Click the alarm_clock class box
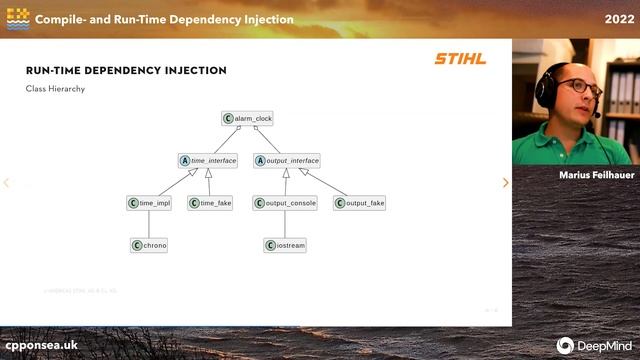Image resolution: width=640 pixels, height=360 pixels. tap(247, 118)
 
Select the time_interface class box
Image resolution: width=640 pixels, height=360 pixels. tap(207, 160)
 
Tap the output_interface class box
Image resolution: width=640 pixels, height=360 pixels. tap(287, 160)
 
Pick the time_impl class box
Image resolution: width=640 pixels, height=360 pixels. tap(149, 203)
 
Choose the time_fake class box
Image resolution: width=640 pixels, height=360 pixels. tap(210, 203)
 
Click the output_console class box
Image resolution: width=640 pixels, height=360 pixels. tap(285, 203)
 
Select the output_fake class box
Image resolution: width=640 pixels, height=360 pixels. tap(359, 203)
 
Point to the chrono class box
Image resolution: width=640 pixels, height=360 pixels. tap(149, 245)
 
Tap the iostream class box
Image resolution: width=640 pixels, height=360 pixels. tap(285, 245)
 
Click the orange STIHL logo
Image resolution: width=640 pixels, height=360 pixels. tap(459, 59)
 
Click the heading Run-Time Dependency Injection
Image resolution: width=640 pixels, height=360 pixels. tap(126, 70)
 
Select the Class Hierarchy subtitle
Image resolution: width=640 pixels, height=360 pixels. tap(55, 89)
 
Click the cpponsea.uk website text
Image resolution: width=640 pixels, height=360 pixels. tap(42, 344)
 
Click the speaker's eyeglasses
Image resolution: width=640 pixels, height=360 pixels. tap(580, 87)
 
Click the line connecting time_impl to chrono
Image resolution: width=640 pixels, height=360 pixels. tap(149, 224)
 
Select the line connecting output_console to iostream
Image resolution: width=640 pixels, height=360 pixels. tap(285, 224)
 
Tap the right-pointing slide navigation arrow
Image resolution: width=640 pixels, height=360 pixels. tap(505, 183)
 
